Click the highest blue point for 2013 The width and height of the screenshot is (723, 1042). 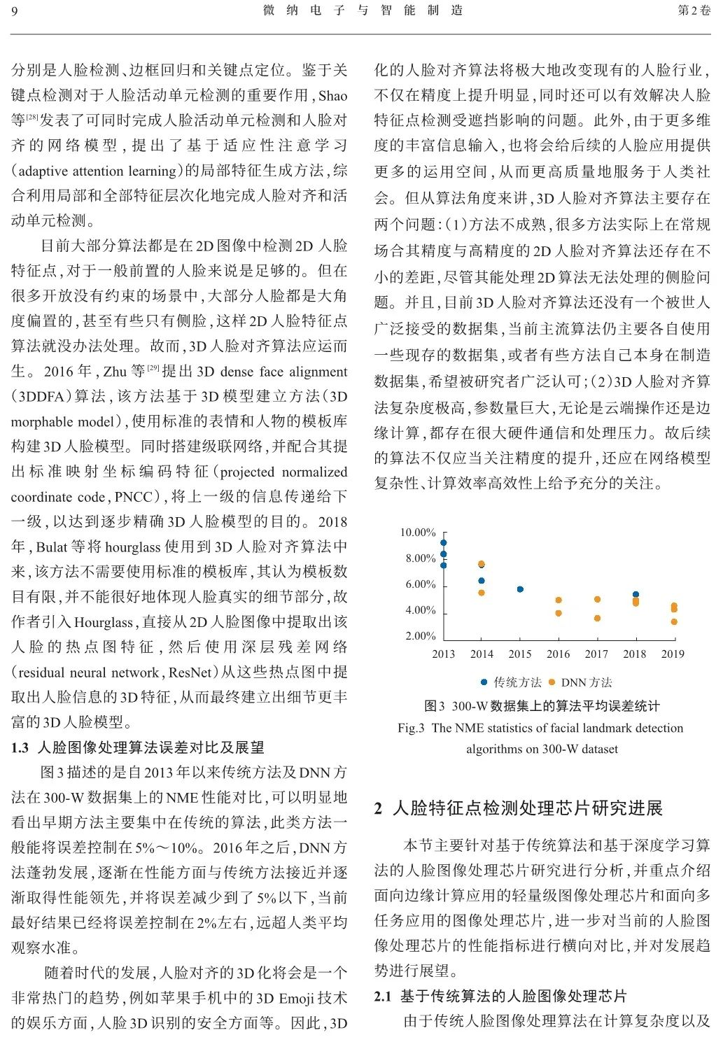[443, 543]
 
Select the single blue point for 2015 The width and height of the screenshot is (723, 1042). [520, 589]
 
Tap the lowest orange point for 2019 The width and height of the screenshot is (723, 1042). [674, 621]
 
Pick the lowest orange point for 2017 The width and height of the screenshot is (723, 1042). [597, 618]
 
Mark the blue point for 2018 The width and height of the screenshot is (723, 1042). [636, 595]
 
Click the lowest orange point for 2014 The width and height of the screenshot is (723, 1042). [482, 593]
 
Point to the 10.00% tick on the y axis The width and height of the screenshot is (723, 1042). [418, 533]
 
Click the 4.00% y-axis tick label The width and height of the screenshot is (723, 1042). [420, 610]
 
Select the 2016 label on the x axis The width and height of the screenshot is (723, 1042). [558, 654]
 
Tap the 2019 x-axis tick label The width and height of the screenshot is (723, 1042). [673, 654]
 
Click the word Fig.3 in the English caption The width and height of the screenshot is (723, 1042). [411, 728]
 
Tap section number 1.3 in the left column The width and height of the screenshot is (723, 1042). [20, 747]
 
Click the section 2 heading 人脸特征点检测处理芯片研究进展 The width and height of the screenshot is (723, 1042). [528, 808]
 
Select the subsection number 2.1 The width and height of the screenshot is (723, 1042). [382, 996]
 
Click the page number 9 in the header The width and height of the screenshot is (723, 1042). [15, 10]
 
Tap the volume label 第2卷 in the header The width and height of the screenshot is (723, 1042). [694, 10]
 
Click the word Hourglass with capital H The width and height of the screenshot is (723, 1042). [103, 622]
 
